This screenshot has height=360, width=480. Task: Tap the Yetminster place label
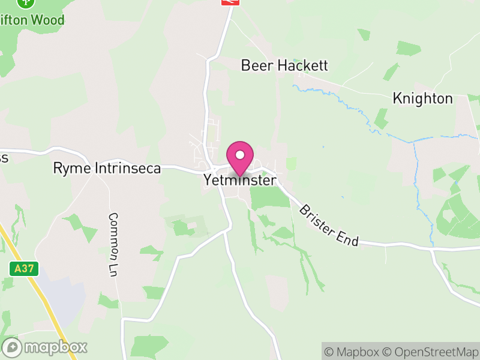point(240,180)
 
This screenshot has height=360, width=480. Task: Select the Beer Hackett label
point(284,65)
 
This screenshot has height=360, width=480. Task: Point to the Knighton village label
point(422,98)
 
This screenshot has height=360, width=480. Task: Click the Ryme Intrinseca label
point(107,169)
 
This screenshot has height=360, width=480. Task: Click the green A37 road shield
point(25,269)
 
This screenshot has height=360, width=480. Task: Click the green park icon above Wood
point(25,2)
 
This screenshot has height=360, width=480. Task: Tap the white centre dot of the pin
point(240,155)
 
